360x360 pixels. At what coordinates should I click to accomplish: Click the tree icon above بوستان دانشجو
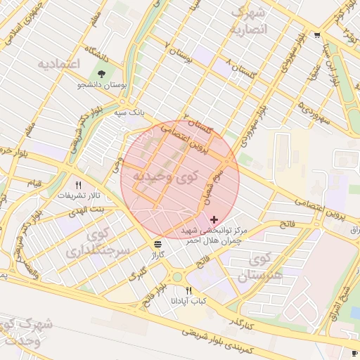103,73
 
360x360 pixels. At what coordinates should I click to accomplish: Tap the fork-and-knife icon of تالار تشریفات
89,185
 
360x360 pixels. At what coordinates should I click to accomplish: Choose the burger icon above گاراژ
158,244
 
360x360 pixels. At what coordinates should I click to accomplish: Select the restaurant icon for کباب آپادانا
188,290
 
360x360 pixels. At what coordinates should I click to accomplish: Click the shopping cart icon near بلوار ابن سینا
317,36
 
